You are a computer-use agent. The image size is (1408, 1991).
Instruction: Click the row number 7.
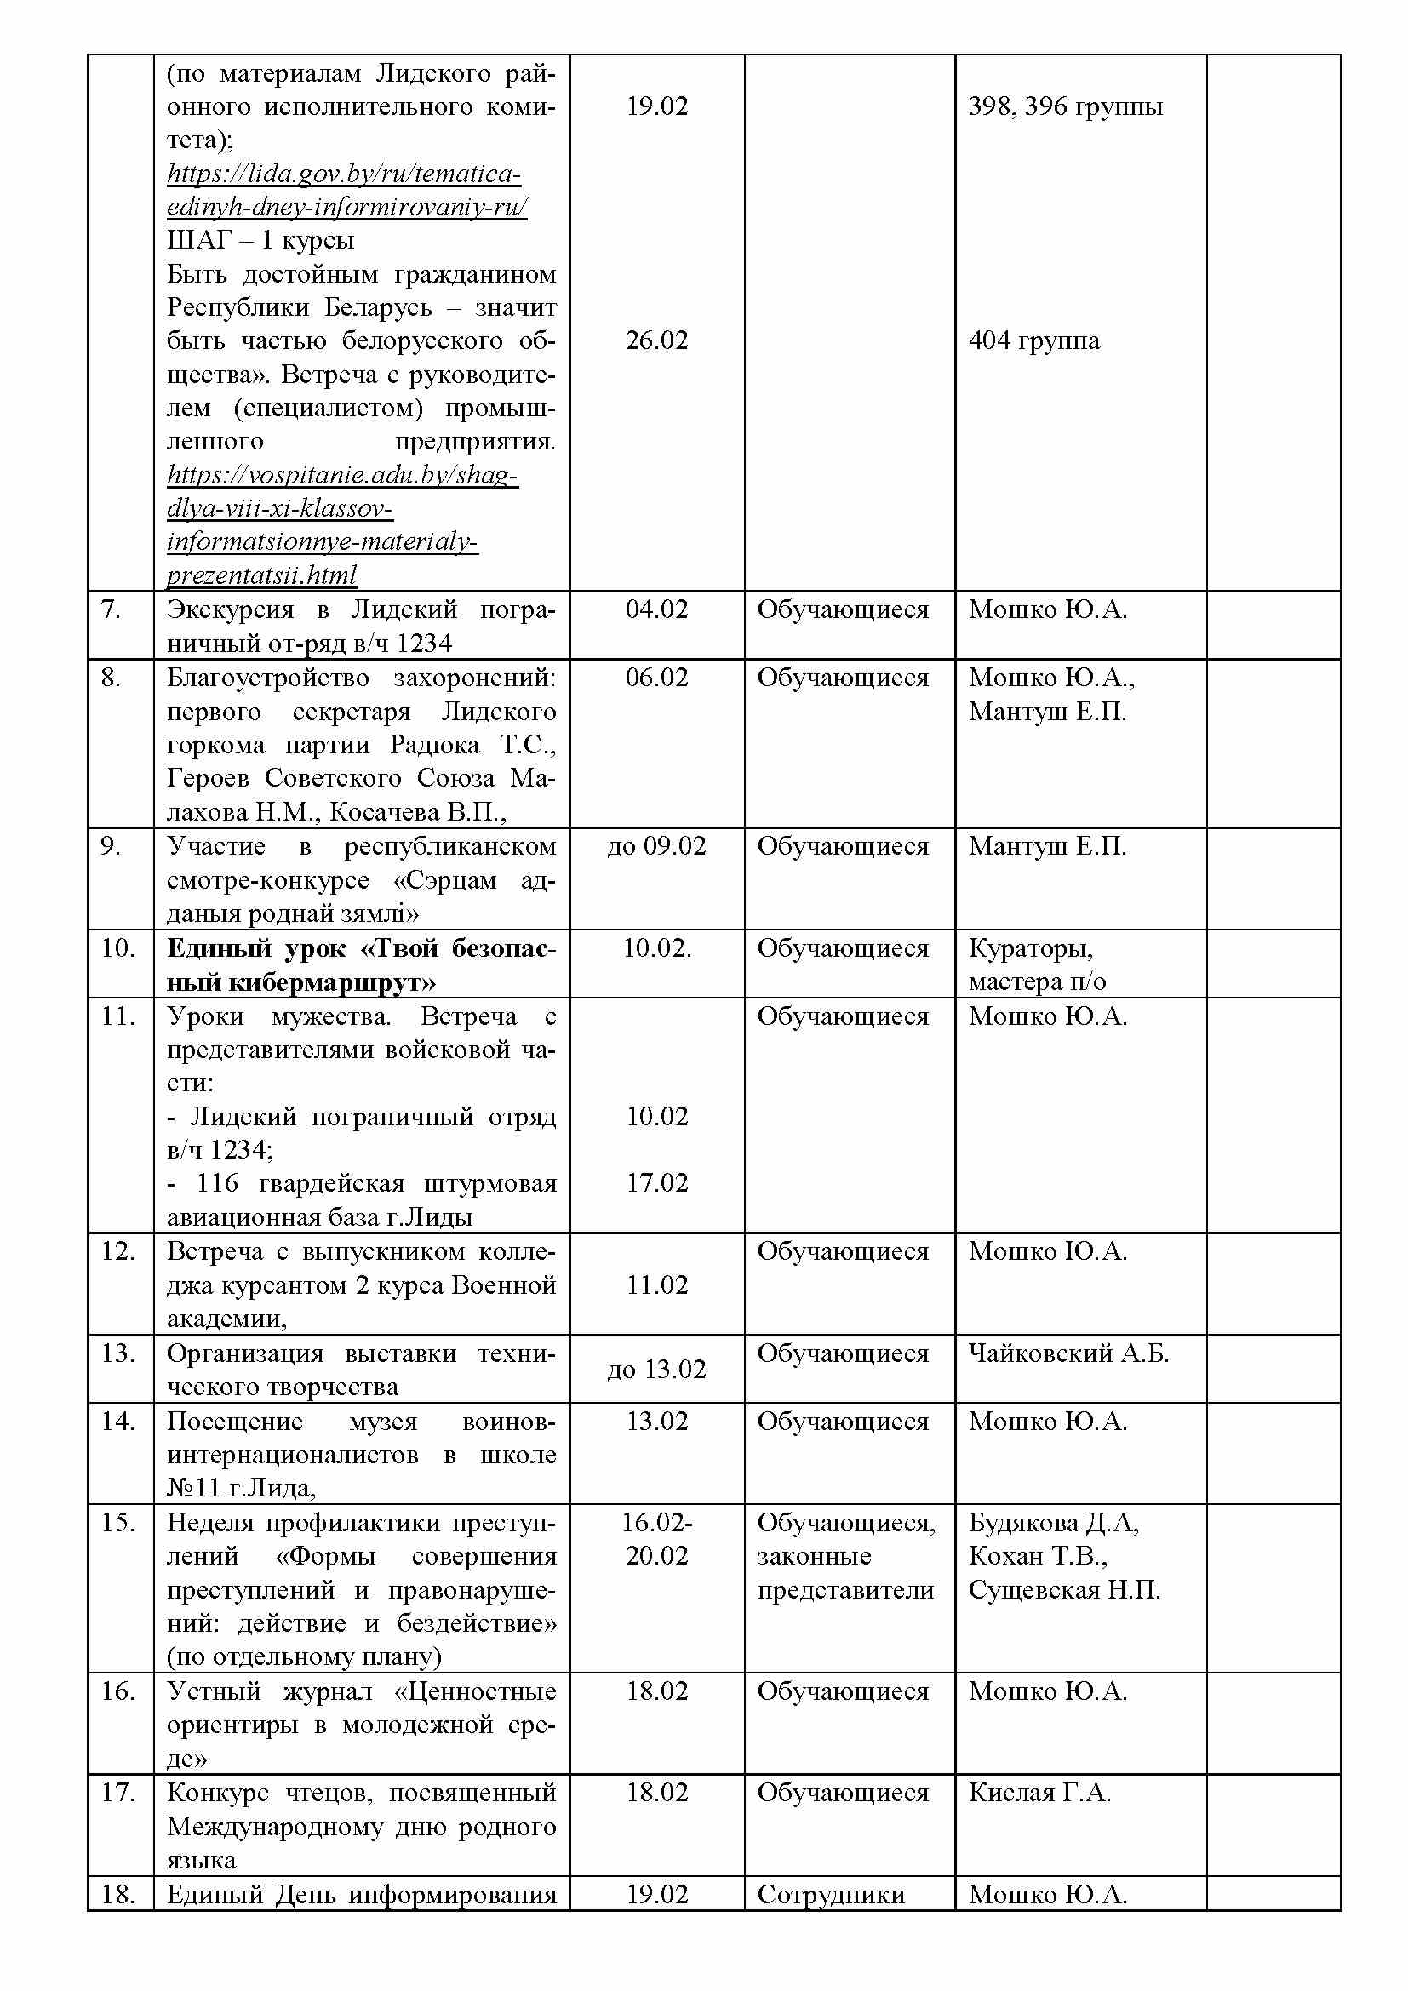[111, 609]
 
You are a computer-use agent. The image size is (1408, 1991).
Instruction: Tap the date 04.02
[656, 609]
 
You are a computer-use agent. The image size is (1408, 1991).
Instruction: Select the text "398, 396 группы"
[1065, 106]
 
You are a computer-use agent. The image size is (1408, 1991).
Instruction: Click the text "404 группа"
[1033, 340]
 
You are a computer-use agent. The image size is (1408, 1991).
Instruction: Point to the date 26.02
[656, 340]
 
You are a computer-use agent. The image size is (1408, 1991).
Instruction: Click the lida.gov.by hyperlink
[346, 191]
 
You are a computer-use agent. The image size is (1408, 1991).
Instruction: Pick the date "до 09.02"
[656, 846]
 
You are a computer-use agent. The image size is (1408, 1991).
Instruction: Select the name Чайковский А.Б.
[1068, 1353]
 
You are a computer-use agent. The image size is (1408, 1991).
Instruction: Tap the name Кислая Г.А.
[1039, 1793]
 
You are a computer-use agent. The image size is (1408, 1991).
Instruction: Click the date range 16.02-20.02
[656, 1539]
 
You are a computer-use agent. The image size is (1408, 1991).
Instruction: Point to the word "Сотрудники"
[831, 1894]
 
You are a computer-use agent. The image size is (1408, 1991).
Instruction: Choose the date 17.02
[656, 1183]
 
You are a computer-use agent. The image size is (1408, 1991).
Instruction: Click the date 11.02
[656, 1284]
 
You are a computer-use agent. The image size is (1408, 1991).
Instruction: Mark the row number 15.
[118, 1523]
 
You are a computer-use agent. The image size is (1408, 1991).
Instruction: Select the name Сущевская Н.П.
[1064, 1589]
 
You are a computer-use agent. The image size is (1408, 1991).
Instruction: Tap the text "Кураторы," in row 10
[1030, 948]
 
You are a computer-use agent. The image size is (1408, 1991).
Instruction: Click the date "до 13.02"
[656, 1370]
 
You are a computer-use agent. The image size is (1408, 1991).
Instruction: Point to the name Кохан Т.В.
[1037, 1556]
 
